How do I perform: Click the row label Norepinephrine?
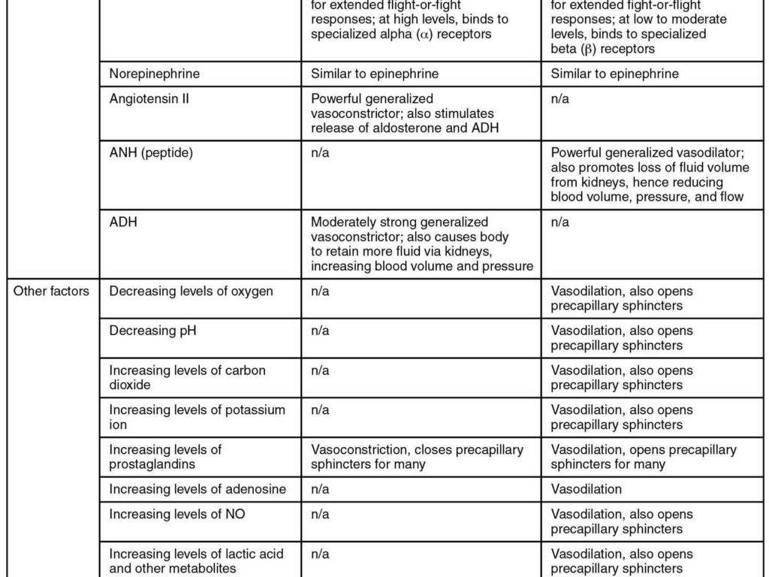pyautogui.click(x=154, y=74)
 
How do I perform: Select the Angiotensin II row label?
pyautogui.click(x=149, y=98)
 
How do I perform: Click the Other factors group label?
pyautogui.click(x=51, y=291)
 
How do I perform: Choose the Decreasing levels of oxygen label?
pyautogui.click(x=191, y=291)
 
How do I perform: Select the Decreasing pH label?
pyautogui.click(x=152, y=331)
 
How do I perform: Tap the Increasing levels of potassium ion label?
pyautogui.click(x=197, y=417)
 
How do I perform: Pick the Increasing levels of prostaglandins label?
pyautogui.click(x=165, y=457)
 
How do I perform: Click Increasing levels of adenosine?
pyautogui.click(x=198, y=489)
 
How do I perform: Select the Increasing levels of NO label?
pyautogui.click(x=176, y=514)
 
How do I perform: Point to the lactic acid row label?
pyautogui.click(x=196, y=560)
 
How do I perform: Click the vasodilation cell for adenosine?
pyautogui.click(x=586, y=489)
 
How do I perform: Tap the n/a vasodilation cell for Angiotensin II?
pyautogui.click(x=559, y=98)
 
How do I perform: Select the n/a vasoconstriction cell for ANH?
pyautogui.click(x=320, y=153)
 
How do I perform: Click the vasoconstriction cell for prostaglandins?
pyautogui.click(x=417, y=457)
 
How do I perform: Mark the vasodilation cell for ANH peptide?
pyautogui.click(x=649, y=175)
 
